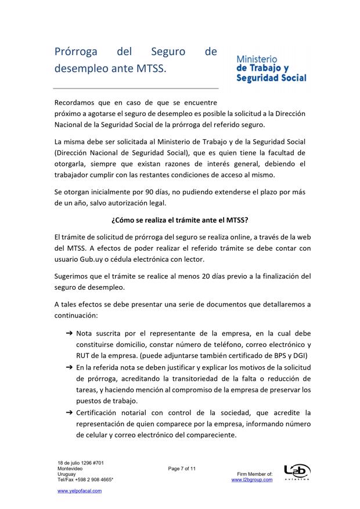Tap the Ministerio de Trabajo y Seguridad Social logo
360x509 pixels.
coord(271,69)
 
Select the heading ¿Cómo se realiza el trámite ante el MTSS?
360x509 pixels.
coord(180,220)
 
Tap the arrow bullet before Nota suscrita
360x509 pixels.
coord(69,334)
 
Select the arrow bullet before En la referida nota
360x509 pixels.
coord(69,367)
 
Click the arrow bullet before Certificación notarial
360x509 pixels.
coord(69,412)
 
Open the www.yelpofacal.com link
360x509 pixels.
coord(80,491)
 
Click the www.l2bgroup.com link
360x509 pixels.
coord(252,480)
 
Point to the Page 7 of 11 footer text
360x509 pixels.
coord(182,468)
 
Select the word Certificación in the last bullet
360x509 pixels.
coord(100,412)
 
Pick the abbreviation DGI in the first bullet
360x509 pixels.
coord(300,356)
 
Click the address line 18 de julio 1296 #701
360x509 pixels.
coord(80,463)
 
